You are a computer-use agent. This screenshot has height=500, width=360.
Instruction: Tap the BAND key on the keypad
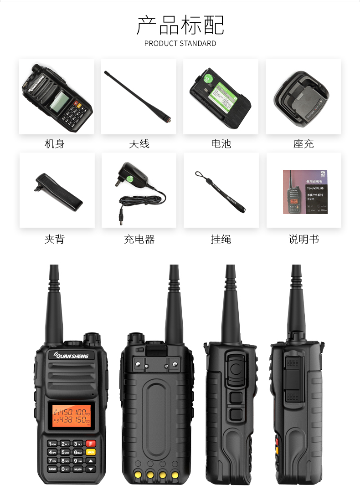(52, 469)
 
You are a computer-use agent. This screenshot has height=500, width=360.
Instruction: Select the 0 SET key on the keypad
(65, 469)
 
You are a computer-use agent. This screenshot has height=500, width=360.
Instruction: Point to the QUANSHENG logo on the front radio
(72, 356)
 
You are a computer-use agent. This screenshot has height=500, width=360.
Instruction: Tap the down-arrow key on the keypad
(91, 469)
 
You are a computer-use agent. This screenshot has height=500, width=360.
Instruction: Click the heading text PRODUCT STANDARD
(180, 44)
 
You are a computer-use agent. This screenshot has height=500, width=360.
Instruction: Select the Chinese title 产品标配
(180, 25)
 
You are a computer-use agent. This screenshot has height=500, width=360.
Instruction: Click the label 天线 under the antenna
(139, 144)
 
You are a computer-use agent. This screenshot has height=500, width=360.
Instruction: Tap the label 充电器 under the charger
(139, 240)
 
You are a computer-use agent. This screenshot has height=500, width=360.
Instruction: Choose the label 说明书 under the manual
(303, 240)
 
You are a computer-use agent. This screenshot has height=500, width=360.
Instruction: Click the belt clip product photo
(57, 191)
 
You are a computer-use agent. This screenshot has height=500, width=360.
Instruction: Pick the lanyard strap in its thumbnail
(221, 192)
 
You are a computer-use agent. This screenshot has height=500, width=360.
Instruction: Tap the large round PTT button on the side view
(235, 371)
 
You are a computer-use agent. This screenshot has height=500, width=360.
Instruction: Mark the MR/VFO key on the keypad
(78, 469)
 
